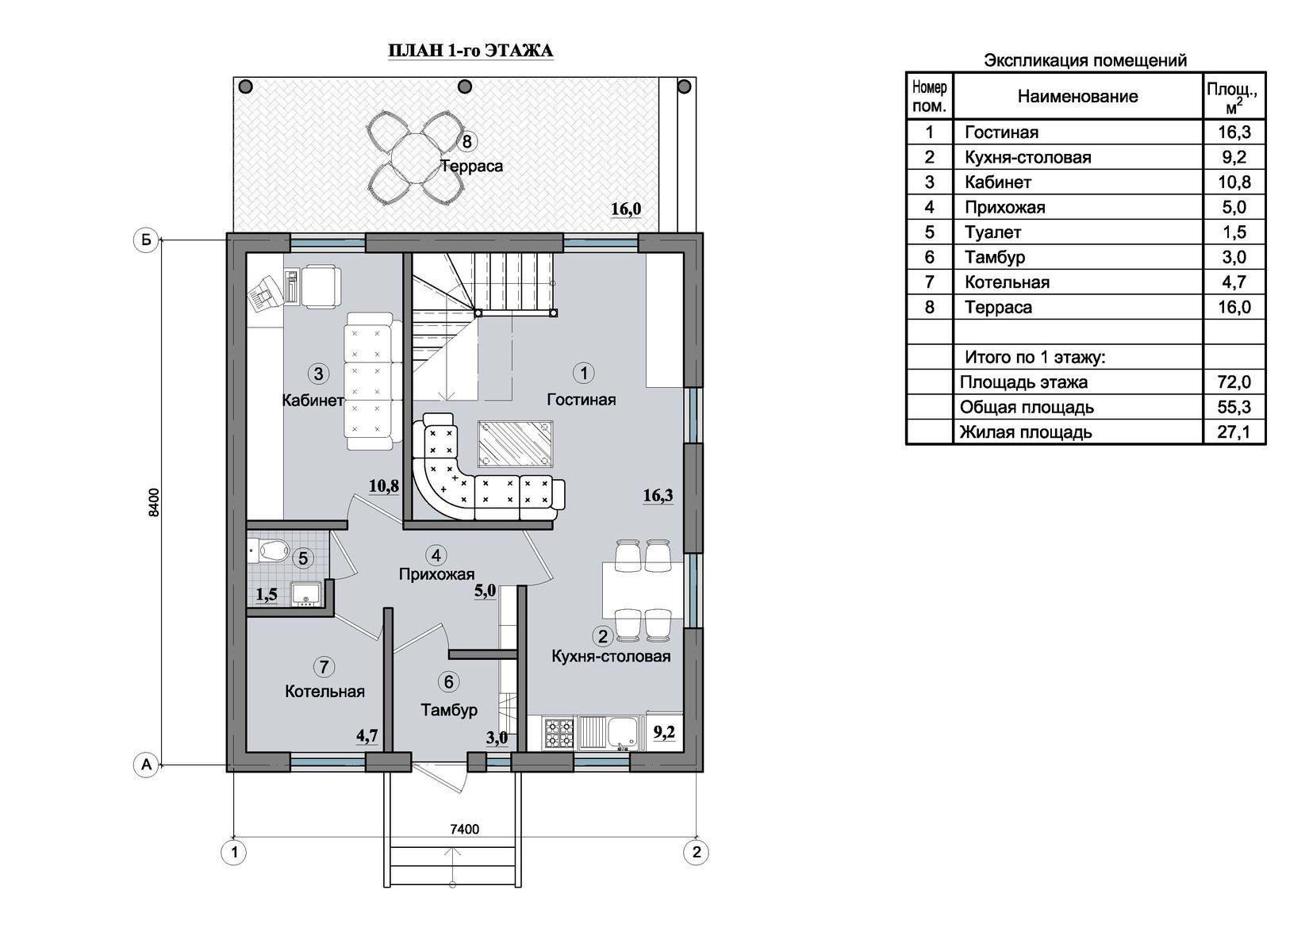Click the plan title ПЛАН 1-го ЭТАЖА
tap(470, 51)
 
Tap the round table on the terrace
tap(414, 155)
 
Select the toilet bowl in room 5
tap(271, 550)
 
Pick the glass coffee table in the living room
tap(515, 444)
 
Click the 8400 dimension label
tap(154, 502)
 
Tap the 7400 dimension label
tap(464, 829)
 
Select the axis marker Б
tap(146, 240)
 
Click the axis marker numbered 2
tap(697, 852)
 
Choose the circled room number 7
tap(324, 667)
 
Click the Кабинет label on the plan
tap(313, 400)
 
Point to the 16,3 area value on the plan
tap(658, 496)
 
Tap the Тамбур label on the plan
tap(449, 710)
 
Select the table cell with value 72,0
tap(1234, 382)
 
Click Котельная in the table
tap(1007, 282)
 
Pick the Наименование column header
tap(1077, 96)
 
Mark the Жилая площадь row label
tap(1025, 432)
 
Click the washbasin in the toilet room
tap(305, 593)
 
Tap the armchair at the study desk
tap(320, 285)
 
